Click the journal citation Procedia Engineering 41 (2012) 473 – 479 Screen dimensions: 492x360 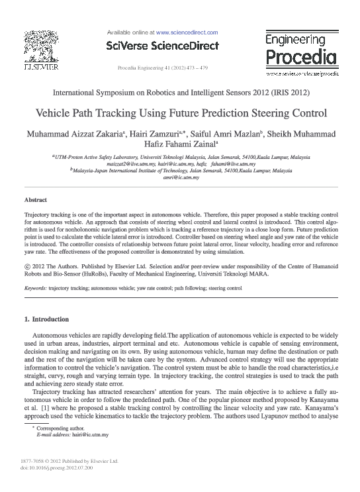click(162, 68)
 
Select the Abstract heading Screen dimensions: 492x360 click(35, 199)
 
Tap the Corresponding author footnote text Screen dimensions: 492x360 click(58, 429)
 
